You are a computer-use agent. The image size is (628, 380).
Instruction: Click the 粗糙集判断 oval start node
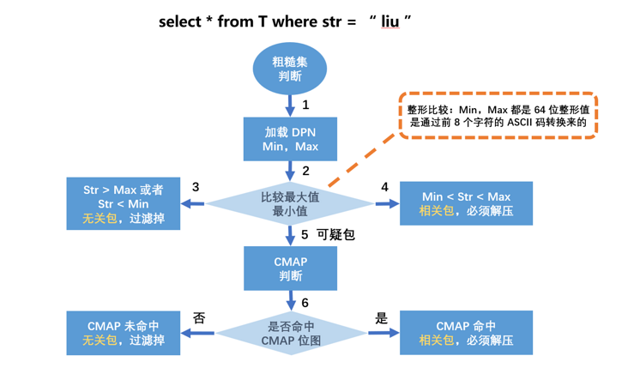tap(290, 68)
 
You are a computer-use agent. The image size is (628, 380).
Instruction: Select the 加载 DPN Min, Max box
tap(290, 139)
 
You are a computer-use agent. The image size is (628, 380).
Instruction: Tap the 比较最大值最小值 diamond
tap(290, 203)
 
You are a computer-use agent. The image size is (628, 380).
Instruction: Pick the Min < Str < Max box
tap(466, 203)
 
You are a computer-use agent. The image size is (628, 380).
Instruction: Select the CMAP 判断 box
tap(290, 268)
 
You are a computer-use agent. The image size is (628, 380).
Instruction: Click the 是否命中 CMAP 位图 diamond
tap(290, 333)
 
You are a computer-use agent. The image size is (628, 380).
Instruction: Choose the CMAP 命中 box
tap(466, 333)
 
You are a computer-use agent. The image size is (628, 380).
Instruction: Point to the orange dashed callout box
tap(498, 115)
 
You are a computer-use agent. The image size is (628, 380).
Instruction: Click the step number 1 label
tap(305, 105)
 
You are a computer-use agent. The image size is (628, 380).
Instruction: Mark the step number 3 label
tap(196, 187)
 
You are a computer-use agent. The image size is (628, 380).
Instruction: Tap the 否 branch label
tap(200, 317)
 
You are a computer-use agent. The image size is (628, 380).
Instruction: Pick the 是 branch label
tap(382, 317)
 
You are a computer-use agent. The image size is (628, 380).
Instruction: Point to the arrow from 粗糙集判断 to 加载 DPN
tap(290, 105)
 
